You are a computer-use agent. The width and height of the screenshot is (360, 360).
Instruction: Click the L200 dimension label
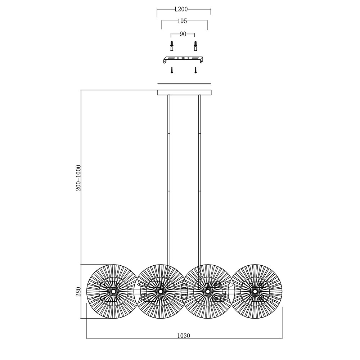pos(181,9)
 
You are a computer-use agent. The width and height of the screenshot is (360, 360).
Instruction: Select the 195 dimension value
pos(182,21)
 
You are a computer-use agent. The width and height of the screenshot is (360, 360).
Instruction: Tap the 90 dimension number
pos(183,34)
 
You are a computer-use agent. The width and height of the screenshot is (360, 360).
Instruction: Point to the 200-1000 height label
pos(78,178)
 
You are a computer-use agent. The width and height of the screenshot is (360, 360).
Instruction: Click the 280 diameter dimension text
pos(78,292)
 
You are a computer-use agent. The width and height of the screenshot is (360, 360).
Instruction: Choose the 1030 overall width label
pos(184,336)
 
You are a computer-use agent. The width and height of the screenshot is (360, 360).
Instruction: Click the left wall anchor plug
pos(172,46)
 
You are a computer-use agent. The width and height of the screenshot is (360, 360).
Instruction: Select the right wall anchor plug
pos(195,46)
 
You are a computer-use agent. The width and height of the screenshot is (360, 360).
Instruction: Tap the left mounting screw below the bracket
pos(172,70)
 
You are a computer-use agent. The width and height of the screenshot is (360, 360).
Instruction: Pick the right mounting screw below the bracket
pos(195,70)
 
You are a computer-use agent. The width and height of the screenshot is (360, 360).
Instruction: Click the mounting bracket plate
pos(183,59)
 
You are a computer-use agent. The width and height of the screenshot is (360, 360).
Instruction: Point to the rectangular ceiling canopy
pos(184,93)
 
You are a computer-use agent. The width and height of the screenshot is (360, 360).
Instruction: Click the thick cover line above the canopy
pos(184,84)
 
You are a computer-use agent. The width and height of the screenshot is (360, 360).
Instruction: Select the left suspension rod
pos(169,179)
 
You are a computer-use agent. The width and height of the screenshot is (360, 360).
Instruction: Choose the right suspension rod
pos(200,179)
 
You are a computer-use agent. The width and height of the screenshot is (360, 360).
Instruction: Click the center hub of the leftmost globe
pos(113,291)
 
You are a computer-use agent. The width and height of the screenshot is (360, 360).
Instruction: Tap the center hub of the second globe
pos(161,291)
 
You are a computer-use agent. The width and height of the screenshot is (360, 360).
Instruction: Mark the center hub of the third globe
pos(208,291)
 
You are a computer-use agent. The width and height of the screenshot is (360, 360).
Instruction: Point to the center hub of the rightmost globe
pos(255,291)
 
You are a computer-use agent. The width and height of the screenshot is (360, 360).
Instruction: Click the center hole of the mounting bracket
pos(183,58)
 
